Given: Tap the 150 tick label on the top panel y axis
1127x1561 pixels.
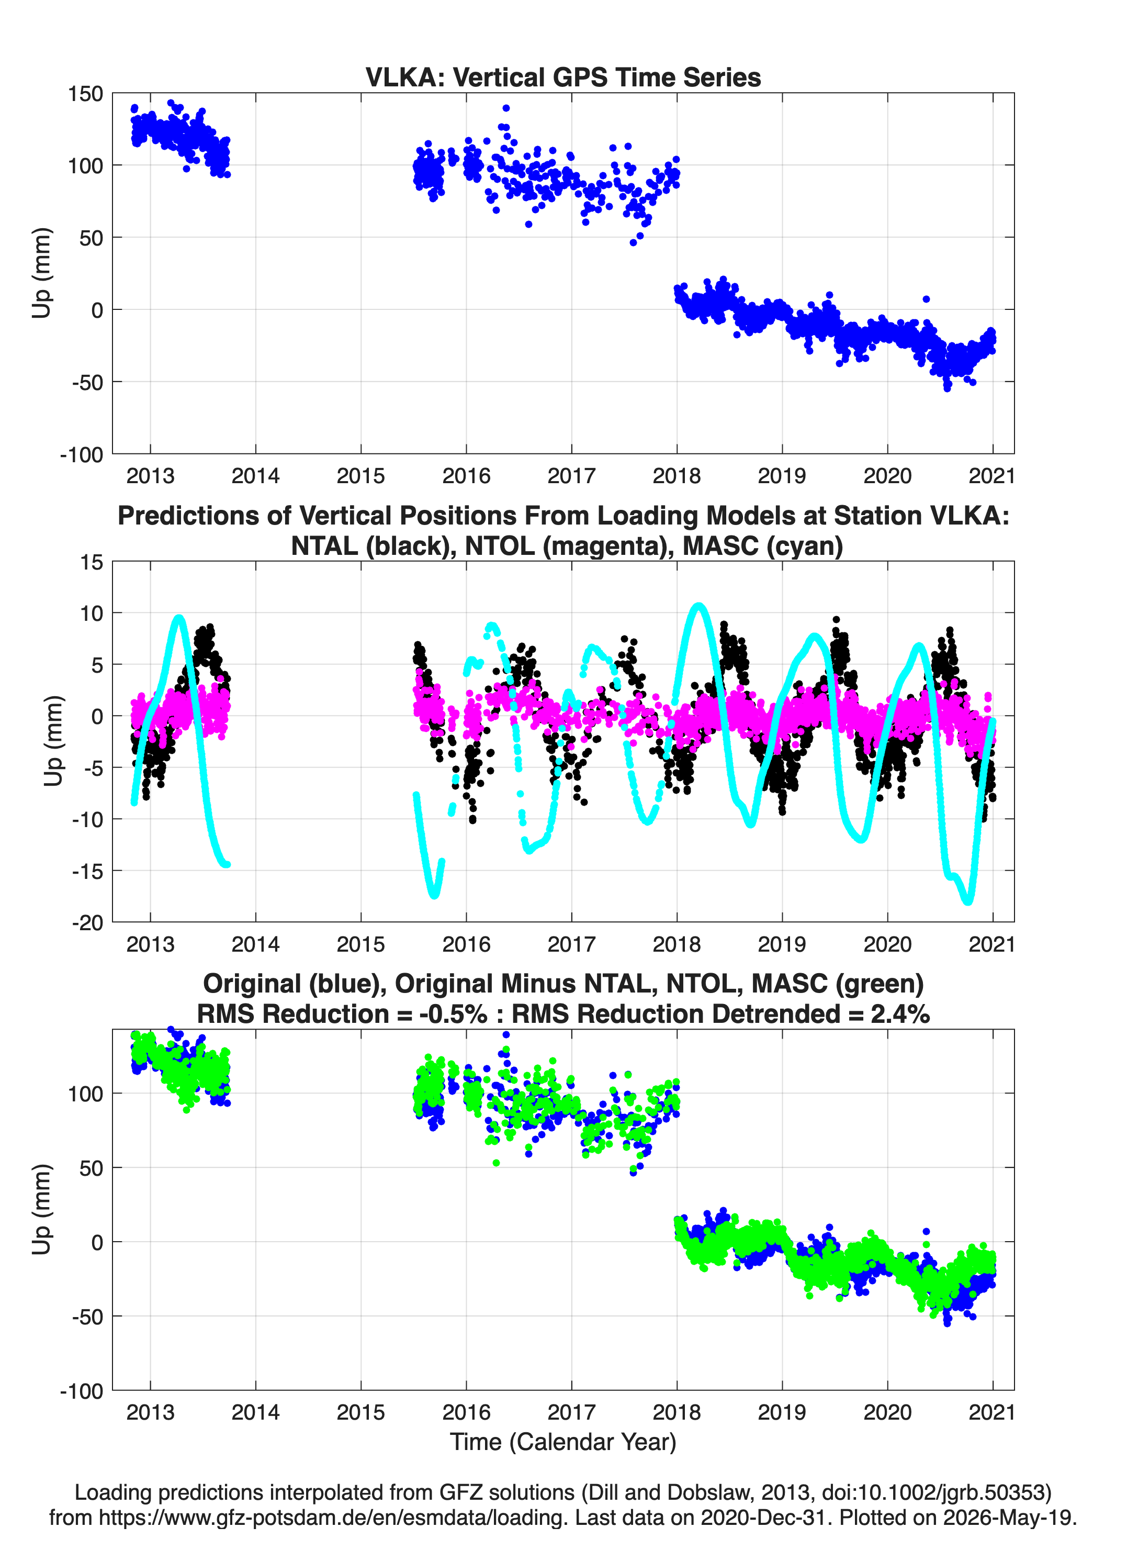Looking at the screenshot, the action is click(x=85, y=94).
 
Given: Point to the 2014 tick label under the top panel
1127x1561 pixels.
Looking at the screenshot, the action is click(x=255, y=476).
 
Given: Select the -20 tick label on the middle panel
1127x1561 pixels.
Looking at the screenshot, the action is click(x=87, y=923).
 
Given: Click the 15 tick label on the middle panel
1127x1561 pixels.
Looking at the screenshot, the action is click(x=92, y=562).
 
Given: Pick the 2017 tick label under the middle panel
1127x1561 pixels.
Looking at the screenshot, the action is click(x=571, y=944).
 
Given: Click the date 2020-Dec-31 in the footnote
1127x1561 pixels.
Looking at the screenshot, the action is click(x=762, y=1518).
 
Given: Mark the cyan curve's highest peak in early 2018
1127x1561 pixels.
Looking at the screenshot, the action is click(x=698, y=606).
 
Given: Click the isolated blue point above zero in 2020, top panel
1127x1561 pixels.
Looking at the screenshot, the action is click(x=926, y=299).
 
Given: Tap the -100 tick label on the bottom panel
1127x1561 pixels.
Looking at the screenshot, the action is click(x=82, y=1391).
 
